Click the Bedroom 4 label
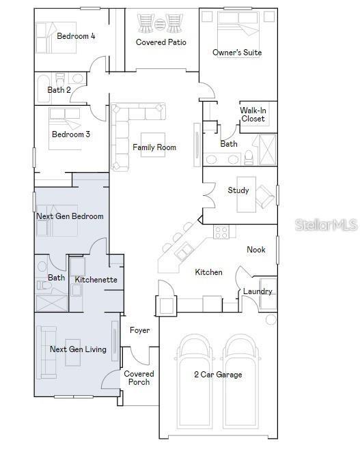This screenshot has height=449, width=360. (x=76, y=36)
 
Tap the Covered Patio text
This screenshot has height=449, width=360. (x=161, y=42)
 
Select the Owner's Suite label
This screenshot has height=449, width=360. (x=237, y=53)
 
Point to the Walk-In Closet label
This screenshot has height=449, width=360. (x=253, y=115)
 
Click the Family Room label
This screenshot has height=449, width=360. (x=154, y=147)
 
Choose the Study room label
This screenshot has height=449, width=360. (x=238, y=190)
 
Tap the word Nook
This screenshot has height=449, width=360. (x=256, y=250)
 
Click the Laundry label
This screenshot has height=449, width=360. (x=258, y=291)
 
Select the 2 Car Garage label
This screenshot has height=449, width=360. (x=218, y=374)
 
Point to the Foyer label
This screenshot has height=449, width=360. (x=139, y=330)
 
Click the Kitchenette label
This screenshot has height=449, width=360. (x=96, y=280)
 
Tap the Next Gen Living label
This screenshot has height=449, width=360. (x=78, y=349)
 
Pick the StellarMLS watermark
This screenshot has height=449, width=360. (x=327, y=224)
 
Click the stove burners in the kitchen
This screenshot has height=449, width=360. (x=221, y=231)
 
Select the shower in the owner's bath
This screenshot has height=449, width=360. (x=268, y=149)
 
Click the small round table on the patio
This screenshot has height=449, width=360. (x=160, y=24)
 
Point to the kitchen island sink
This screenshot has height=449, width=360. (x=184, y=251)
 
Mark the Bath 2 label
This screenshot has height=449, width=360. (x=59, y=90)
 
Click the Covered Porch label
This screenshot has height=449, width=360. (x=139, y=378)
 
